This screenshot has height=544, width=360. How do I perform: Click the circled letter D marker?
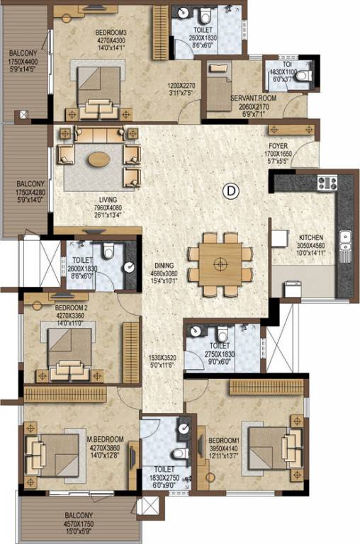[230, 189]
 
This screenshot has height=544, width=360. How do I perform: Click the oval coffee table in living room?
[99, 158]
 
